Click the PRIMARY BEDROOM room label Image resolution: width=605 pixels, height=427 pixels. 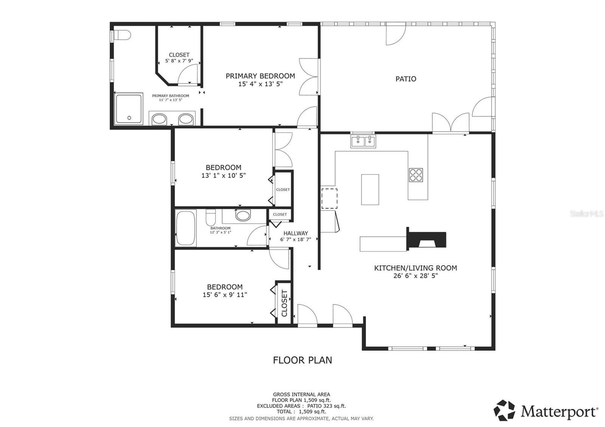click(x=260, y=76)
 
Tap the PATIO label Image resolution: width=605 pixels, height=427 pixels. click(x=406, y=79)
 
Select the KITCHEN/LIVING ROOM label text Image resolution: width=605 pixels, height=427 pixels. click(x=415, y=268)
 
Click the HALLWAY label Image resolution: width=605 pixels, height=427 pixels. click(x=296, y=233)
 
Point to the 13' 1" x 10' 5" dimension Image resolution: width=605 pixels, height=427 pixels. click(x=223, y=175)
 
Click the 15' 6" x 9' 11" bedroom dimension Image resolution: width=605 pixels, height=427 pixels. click(x=225, y=295)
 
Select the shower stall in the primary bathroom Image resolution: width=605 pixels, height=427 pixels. click(x=129, y=109)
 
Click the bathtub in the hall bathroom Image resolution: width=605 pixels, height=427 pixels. click(x=186, y=228)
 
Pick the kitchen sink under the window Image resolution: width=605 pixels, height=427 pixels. click(x=363, y=142)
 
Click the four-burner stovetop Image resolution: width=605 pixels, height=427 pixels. click(x=416, y=175)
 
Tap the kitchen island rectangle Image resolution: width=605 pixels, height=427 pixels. click(x=370, y=189)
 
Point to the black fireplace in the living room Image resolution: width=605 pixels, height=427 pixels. click(x=427, y=239)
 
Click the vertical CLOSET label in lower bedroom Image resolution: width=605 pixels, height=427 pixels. click(x=284, y=303)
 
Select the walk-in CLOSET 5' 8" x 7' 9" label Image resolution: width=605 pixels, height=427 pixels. click(x=179, y=57)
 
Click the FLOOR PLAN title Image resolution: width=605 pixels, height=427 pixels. click(x=302, y=360)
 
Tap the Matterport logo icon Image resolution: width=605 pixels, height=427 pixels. click(x=504, y=410)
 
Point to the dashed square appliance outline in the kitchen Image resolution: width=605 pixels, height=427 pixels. click(x=329, y=199)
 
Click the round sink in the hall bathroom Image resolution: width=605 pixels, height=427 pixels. click(x=243, y=216)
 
